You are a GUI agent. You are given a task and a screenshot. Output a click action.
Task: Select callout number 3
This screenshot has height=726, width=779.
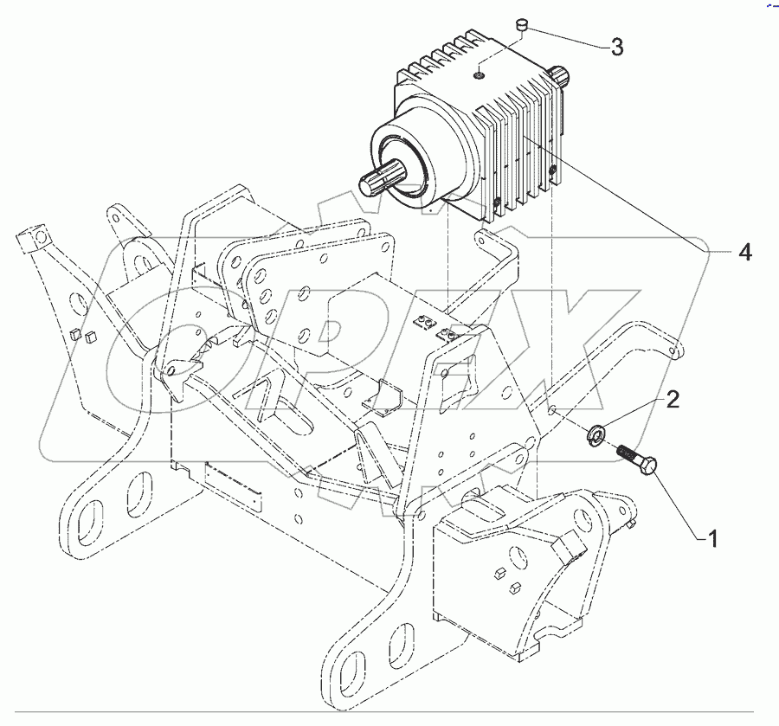pos(616,48)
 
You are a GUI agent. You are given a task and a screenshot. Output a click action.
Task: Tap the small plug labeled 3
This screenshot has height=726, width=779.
pos(522,31)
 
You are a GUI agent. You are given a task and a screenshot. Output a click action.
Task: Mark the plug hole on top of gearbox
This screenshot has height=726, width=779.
pos(479,74)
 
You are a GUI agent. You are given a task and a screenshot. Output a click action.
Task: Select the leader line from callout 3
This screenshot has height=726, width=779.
pos(567,39)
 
